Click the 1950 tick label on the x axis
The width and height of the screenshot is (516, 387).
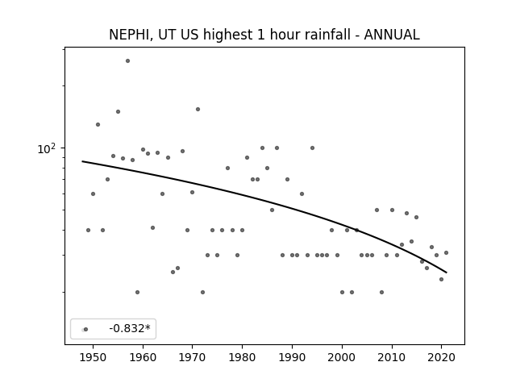tap(94, 357)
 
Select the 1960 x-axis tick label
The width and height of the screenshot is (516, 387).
tap(143, 357)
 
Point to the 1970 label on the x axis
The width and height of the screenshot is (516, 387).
tap(193, 357)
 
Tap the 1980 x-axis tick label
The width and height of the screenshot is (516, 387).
tap(242, 357)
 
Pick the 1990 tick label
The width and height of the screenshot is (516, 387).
tap(292, 357)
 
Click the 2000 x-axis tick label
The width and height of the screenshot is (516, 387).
tap(342, 357)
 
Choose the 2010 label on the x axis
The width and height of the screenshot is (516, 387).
tap(392, 357)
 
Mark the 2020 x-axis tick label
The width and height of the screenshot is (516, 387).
tap(442, 357)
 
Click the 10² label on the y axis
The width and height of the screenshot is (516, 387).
tap(47, 148)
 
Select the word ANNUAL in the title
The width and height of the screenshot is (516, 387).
tap(392, 35)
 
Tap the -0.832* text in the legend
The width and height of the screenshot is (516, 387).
tap(130, 328)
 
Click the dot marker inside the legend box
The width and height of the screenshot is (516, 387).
tap(85, 329)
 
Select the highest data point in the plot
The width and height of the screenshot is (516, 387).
tap(127, 61)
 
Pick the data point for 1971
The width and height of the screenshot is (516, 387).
tap(198, 110)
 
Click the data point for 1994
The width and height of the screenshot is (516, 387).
tap(312, 148)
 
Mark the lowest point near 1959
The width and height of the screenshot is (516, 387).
tap(138, 292)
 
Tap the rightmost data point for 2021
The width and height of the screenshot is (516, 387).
tap(446, 252)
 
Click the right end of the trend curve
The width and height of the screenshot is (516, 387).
tap(447, 273)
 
